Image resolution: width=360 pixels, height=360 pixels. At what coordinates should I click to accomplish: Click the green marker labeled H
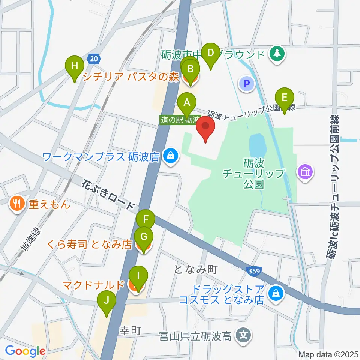pos(75,67)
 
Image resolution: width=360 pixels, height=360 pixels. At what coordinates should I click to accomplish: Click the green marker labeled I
pos(138,277)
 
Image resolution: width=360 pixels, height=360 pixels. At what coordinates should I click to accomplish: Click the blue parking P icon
pos(247,83)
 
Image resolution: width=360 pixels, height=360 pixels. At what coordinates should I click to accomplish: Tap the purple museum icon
pos(305,172)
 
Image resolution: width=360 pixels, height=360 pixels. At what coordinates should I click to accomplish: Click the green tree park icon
pos(277,54)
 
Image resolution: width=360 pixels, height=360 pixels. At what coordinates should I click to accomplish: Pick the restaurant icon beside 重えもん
pos(17,204)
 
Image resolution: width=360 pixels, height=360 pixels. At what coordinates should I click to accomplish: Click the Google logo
pos(25,351)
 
